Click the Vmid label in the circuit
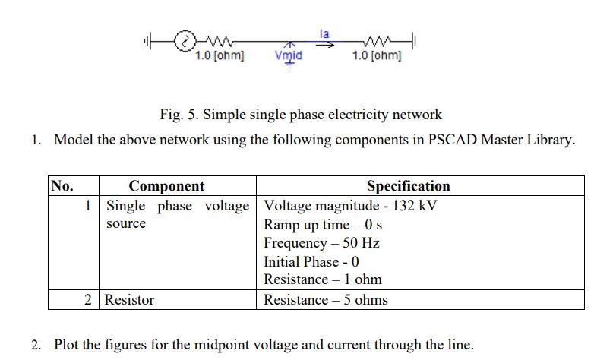288,55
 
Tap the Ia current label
324,33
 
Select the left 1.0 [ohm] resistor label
220,55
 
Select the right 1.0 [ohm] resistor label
377,55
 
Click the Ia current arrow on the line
325,44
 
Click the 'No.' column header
62,186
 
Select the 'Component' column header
166,186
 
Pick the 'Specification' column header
408,186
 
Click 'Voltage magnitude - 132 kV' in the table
350,206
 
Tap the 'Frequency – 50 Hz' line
321,243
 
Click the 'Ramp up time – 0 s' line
323,225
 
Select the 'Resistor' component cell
129,300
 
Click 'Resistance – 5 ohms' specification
325,300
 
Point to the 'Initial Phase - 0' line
311,261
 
